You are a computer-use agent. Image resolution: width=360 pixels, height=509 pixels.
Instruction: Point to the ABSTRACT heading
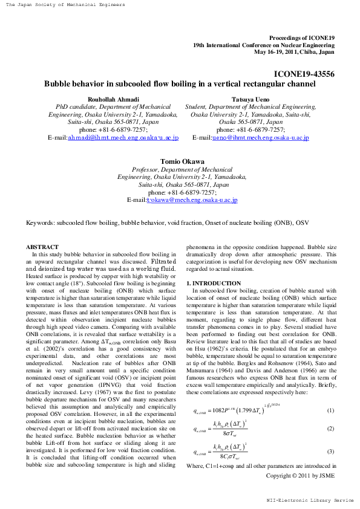pos(42,247)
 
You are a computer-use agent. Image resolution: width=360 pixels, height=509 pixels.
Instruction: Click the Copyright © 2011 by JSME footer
pos(300,475)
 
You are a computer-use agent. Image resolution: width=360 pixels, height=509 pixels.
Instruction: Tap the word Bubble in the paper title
pos(59,85)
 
